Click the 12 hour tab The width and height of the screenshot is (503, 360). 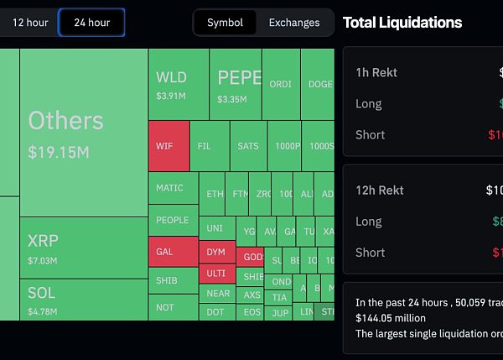coord(30,23)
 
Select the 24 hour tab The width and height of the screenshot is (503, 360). coord(91,23)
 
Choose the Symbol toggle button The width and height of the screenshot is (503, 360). coord(225,23)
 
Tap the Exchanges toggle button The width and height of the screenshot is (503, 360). coord(293,23)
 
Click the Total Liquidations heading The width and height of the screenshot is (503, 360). coord(402,23)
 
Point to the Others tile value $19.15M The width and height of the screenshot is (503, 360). coord(58,153)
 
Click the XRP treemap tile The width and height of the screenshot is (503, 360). coord(84,248)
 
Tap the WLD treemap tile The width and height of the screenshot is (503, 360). coord(179,85)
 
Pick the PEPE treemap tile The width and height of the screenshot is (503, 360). coord(236,85)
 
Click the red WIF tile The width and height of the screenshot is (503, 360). coord(169,146)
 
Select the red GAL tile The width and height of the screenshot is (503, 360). coord(173,252)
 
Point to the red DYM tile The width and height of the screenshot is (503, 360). coord(216,252)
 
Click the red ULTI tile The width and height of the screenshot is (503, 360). coord(216,274)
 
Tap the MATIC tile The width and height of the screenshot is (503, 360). coord(173,188)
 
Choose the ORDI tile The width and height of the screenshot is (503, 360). coord(281,84)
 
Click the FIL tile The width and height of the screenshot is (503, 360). coord(209,146)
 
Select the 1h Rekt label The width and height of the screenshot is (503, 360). coord(376,73)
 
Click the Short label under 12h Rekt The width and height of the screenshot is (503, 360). coord(370,252)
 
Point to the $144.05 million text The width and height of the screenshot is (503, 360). coord(390,318)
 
